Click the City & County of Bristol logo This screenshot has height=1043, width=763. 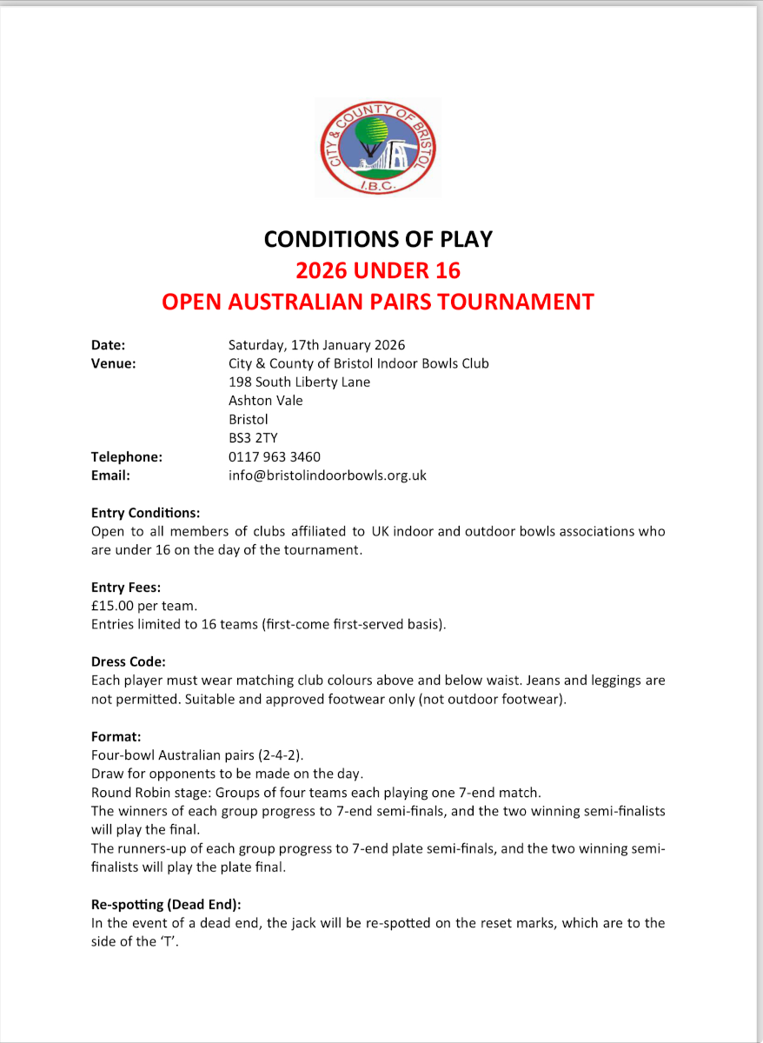tap(378, 147)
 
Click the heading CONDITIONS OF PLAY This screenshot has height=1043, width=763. tap(378, 239)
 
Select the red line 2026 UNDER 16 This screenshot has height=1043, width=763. tap(378, 270)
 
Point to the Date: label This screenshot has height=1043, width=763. tap(109, 345)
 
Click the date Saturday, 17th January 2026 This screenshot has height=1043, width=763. tap(316, 345)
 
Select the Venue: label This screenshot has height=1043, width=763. tap(114, 363)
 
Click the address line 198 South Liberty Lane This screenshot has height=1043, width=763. tap(299, 382)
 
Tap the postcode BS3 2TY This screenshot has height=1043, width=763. tap(253, 438)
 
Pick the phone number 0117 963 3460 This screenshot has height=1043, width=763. tap(274, 457)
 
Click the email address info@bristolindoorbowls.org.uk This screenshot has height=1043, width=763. tap(327, 475)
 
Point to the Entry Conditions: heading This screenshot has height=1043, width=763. tap(145, 513)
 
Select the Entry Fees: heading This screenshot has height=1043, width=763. tap(126, 588)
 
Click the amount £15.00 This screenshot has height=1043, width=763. tap(112, 606)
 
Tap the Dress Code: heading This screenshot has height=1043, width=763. tap(128, 661)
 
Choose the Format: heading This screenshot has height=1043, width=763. tap(116, 736)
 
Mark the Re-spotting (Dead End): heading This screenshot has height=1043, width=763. tap(172, 904)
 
